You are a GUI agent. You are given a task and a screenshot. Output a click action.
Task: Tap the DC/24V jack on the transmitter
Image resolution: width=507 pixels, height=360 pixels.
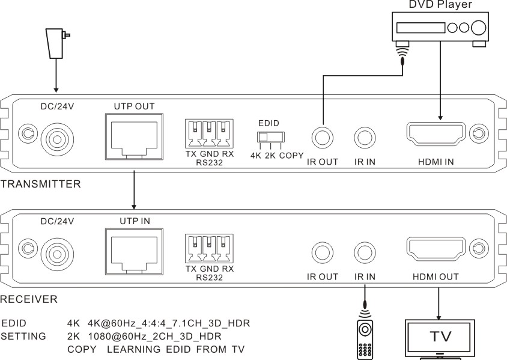(57, 139)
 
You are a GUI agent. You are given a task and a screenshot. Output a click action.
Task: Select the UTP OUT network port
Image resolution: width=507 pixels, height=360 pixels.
(134, 136)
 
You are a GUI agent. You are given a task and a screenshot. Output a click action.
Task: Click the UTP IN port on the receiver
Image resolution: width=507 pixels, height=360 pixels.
(134, 251)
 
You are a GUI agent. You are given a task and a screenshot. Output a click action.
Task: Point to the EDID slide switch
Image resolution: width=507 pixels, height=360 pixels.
(271, 137)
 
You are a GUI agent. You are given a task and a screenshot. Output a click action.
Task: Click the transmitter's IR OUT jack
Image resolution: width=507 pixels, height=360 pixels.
(322, 138)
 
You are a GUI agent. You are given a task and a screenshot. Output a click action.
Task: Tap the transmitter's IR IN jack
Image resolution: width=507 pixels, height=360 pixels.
(365, 138)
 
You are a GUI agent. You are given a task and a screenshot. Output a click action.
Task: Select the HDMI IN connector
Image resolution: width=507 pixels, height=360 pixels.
(436, 135)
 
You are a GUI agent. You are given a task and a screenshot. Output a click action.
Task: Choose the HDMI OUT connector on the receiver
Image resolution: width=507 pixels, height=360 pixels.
(436, 249)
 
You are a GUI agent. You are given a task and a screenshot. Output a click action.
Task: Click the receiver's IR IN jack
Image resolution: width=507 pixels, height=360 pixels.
(365, 252)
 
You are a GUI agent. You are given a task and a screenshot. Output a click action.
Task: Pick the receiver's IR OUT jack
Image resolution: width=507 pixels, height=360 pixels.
(322, 252)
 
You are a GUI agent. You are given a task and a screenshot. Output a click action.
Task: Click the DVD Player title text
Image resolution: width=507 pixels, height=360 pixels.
(440, 4)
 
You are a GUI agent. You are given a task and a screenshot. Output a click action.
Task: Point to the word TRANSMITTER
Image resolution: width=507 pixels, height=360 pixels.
(40, 184)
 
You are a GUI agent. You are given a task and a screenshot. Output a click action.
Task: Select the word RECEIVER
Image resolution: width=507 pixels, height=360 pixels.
(29, 299)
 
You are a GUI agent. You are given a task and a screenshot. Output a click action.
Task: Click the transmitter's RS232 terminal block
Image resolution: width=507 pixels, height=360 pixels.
(209, 134)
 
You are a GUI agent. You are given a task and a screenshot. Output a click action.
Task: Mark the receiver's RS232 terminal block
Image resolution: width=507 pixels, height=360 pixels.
(209, 249)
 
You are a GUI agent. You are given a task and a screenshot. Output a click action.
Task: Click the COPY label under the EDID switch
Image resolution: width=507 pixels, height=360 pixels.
(291, 156)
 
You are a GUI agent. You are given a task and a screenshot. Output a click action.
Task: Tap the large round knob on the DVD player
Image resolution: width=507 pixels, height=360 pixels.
(479, 28)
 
